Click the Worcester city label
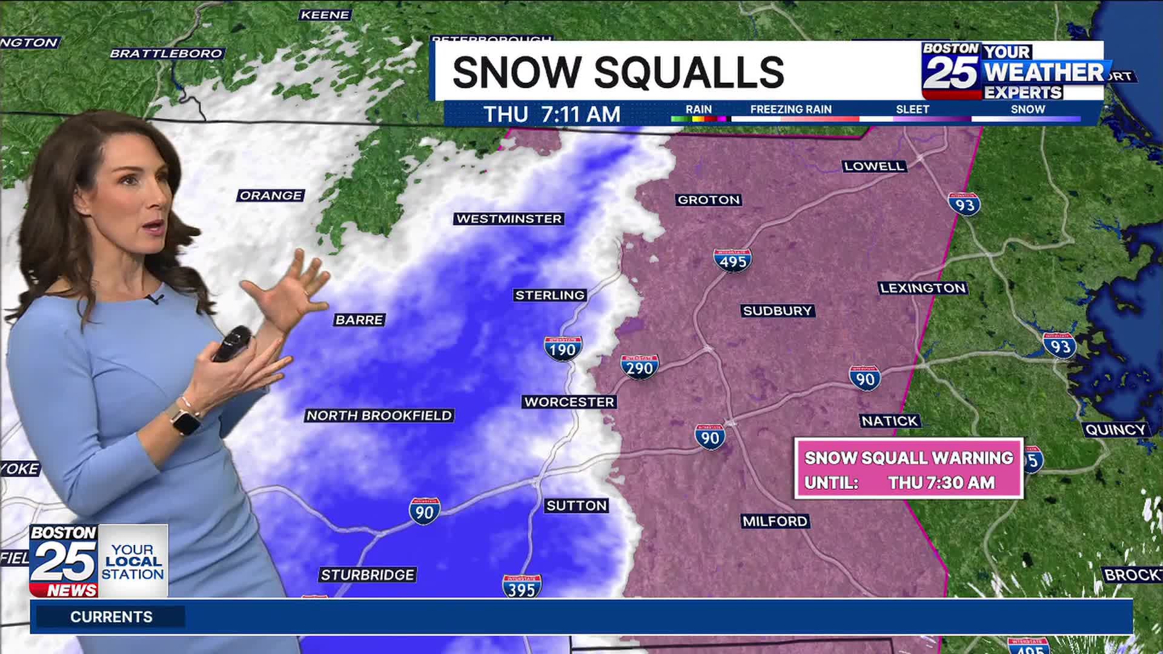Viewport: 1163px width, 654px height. click(x=569, y=402)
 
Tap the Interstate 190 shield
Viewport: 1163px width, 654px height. click(x=563, y=349)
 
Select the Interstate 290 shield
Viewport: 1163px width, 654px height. click(x=640, y=367)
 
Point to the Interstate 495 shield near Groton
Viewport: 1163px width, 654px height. click(x=733, y=260)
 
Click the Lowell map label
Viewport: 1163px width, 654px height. click(x=874, y=166)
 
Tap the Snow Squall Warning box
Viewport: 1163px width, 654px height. click(x=909, y=469)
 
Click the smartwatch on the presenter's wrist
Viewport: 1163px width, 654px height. click(x=185, y=419)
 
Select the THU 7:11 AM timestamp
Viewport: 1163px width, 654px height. click(x=552, y=114)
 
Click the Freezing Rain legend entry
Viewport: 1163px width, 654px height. click(x=790, y=110)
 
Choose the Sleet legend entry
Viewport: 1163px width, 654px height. click(x=912, y=110)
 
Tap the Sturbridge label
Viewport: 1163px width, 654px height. click(x=367, y=575)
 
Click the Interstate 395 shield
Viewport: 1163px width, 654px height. click(x=522, y=587)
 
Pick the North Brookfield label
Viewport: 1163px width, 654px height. click(x=379, y=415)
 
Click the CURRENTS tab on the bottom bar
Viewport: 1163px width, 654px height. click(x=111, y=616)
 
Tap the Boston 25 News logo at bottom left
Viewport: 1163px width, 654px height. click(x=64, y=561)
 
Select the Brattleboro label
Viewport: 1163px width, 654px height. click(x=166, y=53)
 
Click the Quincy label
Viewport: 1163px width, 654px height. click(x=1115, y=430)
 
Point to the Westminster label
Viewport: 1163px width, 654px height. click(x=509, y=219)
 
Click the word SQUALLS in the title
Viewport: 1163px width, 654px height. click(x=689, y=72)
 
